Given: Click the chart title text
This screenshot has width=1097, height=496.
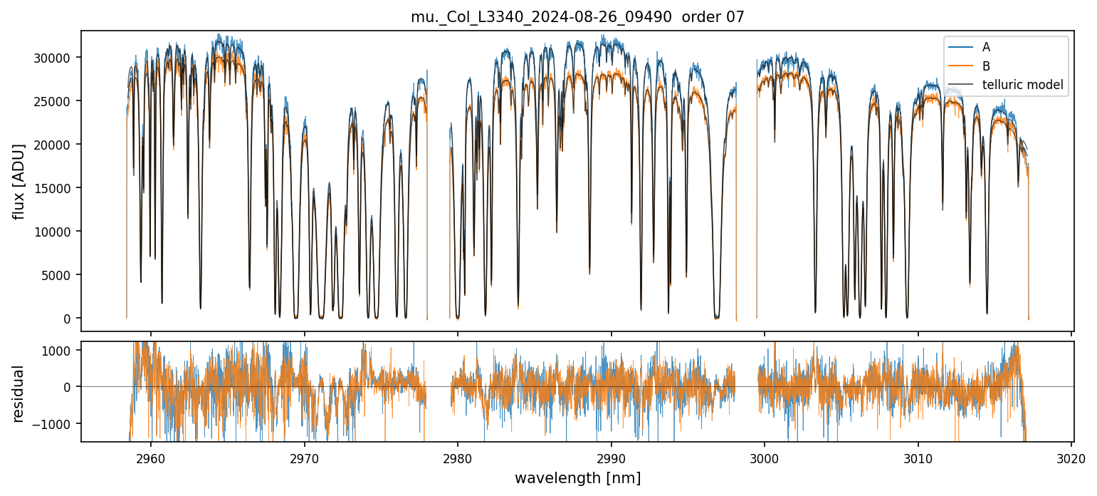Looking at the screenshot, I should pos(577,17).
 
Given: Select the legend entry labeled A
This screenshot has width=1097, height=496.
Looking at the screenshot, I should pos(986,47).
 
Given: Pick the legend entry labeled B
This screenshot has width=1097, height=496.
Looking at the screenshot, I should pos(986,66).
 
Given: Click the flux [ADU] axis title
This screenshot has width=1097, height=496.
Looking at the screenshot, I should pos(19,181).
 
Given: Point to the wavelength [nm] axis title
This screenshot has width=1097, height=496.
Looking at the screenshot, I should pos(577,477).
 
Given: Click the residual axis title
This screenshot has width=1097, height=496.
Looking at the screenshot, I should pos(19,393).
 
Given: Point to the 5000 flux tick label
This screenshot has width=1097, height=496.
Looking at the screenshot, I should pos(56,275).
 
